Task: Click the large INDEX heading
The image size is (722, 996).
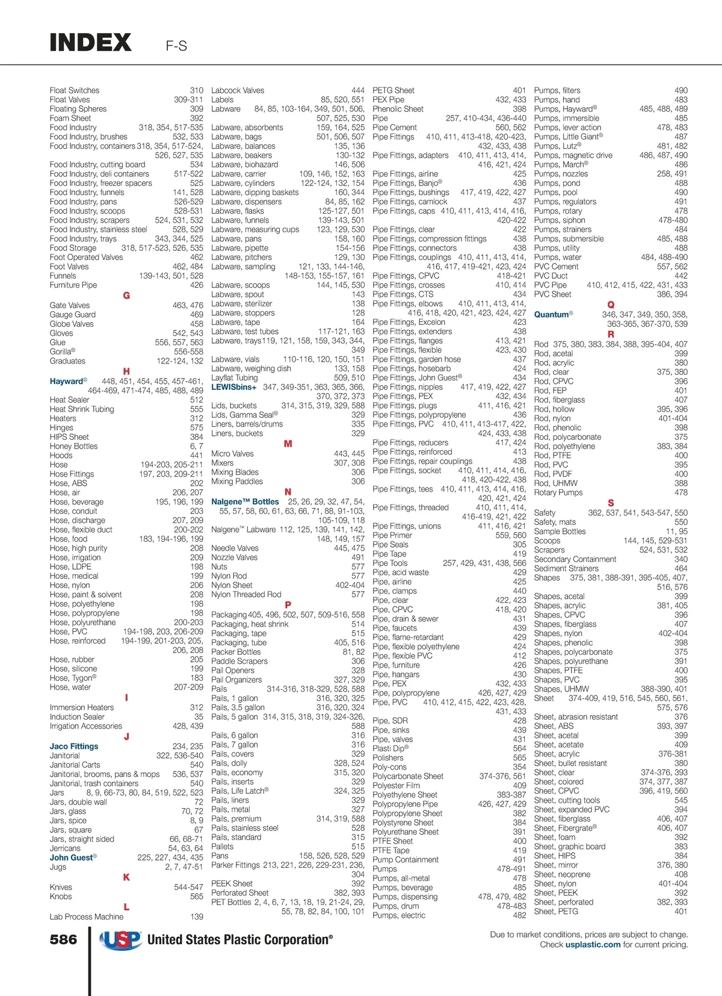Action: point(90,43)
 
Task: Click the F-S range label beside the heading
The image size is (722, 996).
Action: point(176,46)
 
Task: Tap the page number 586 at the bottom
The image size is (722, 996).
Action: point(63,939)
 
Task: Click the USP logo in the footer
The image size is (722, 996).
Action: point(120,940)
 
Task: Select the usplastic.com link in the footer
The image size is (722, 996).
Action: point(593,945)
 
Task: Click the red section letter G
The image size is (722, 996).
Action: point(126,295)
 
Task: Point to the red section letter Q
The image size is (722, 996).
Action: point(611,305)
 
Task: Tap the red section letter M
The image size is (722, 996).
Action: point(288,444)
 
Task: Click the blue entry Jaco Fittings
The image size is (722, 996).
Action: point(74,746)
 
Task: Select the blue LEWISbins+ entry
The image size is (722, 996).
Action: point(233,387)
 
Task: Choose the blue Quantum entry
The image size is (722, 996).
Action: point(552,314)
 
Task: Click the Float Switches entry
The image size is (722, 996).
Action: point(75,90)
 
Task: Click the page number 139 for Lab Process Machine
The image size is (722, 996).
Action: point(197,917)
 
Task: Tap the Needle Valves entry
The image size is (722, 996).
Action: point(235,548)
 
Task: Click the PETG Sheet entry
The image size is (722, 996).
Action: point(393,90)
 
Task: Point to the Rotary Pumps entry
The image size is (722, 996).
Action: point(558,492)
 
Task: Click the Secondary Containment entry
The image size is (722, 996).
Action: point(575,559)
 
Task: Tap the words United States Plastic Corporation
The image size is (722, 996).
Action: point(239,940)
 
